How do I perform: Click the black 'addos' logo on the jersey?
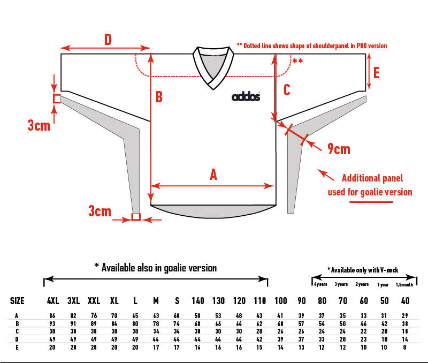pos(246,96)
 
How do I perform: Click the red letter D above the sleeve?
pos(108,40)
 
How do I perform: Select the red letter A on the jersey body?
pos(213,175)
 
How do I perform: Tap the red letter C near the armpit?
pos(287,90)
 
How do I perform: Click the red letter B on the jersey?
pos(159,97)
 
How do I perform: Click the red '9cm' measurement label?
pos(339,148)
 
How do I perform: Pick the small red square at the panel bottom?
pos(136,217)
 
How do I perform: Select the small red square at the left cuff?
pos(57,99)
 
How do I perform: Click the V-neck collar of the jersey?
pos(213,67)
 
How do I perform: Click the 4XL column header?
pos(52,301)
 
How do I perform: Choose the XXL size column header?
pos(94,301)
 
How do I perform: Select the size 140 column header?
pos(198,301)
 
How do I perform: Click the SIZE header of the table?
pos(18,301)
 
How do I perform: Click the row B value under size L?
pos(135,324)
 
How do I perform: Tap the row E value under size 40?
pos(406,346)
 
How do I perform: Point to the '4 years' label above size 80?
pos(320,285)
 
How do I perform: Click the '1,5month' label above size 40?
pos(404,285)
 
